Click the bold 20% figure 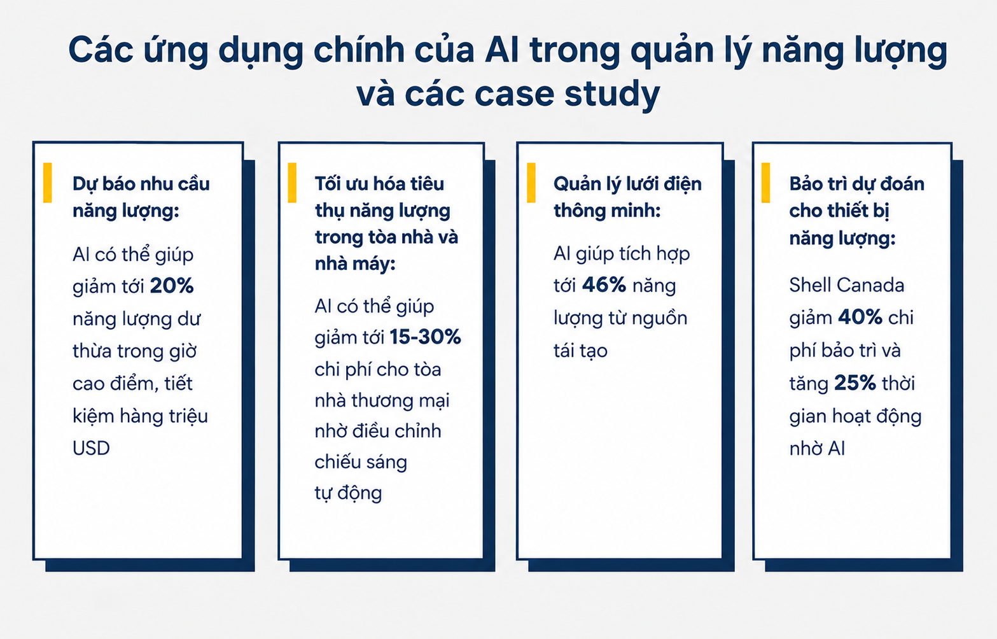[x=172, y=285]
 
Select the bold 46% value [x=604, y=285]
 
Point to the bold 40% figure [x=860, y=318]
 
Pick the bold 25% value [x=855, y=383]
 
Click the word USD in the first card [x=91, y=448]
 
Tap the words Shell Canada [x=847, y=285]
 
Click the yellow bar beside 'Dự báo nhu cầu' [x=47, y=183]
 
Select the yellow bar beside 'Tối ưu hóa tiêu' [x=292, y=183]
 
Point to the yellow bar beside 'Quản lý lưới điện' [x=531, y=183]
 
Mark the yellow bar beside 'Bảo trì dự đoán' [x=765, y=183]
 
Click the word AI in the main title [x=502, y=50]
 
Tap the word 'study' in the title [x=612, y=94]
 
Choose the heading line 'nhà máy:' [x=355, y=264]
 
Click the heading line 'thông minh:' [x=607, y=210]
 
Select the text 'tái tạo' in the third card [x=580, y=351]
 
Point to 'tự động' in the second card [x=348, y=493]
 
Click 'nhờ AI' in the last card [x=817, y=448]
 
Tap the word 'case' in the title [x=514, y=94]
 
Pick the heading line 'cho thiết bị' [x=839, y=211]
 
